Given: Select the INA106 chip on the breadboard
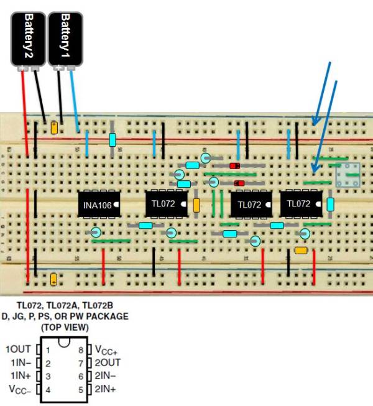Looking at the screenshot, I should point(99,204).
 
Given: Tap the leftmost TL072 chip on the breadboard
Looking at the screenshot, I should point(166,203).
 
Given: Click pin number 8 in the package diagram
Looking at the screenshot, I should point(81,349).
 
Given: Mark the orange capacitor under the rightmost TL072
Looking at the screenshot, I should point(301,250).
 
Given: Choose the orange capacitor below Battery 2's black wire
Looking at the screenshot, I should point(54,128).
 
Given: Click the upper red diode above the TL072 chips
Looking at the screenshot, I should point(235,166).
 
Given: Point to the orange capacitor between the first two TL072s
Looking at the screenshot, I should point(196,205).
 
